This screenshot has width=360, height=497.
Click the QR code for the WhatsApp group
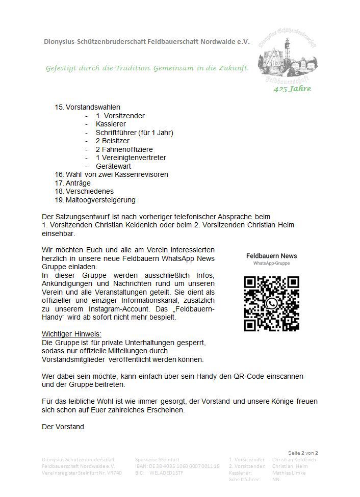pos(271,303)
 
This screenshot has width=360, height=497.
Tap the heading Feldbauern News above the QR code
pos(271,256)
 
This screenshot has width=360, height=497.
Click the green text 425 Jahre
pos(292,89)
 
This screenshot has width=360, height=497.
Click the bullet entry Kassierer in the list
pos(110,124)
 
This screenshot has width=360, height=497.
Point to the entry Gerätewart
pos(113,166)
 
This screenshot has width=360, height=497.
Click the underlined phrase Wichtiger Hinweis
pos(71,333)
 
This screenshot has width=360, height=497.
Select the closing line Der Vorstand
pos(63,427)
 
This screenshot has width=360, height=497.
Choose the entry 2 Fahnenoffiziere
pos(124,149)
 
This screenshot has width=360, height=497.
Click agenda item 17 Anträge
pos(78,182)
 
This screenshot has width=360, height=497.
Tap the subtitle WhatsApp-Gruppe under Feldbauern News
pos(271,264)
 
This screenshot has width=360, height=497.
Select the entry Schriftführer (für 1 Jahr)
pos(134,133)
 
